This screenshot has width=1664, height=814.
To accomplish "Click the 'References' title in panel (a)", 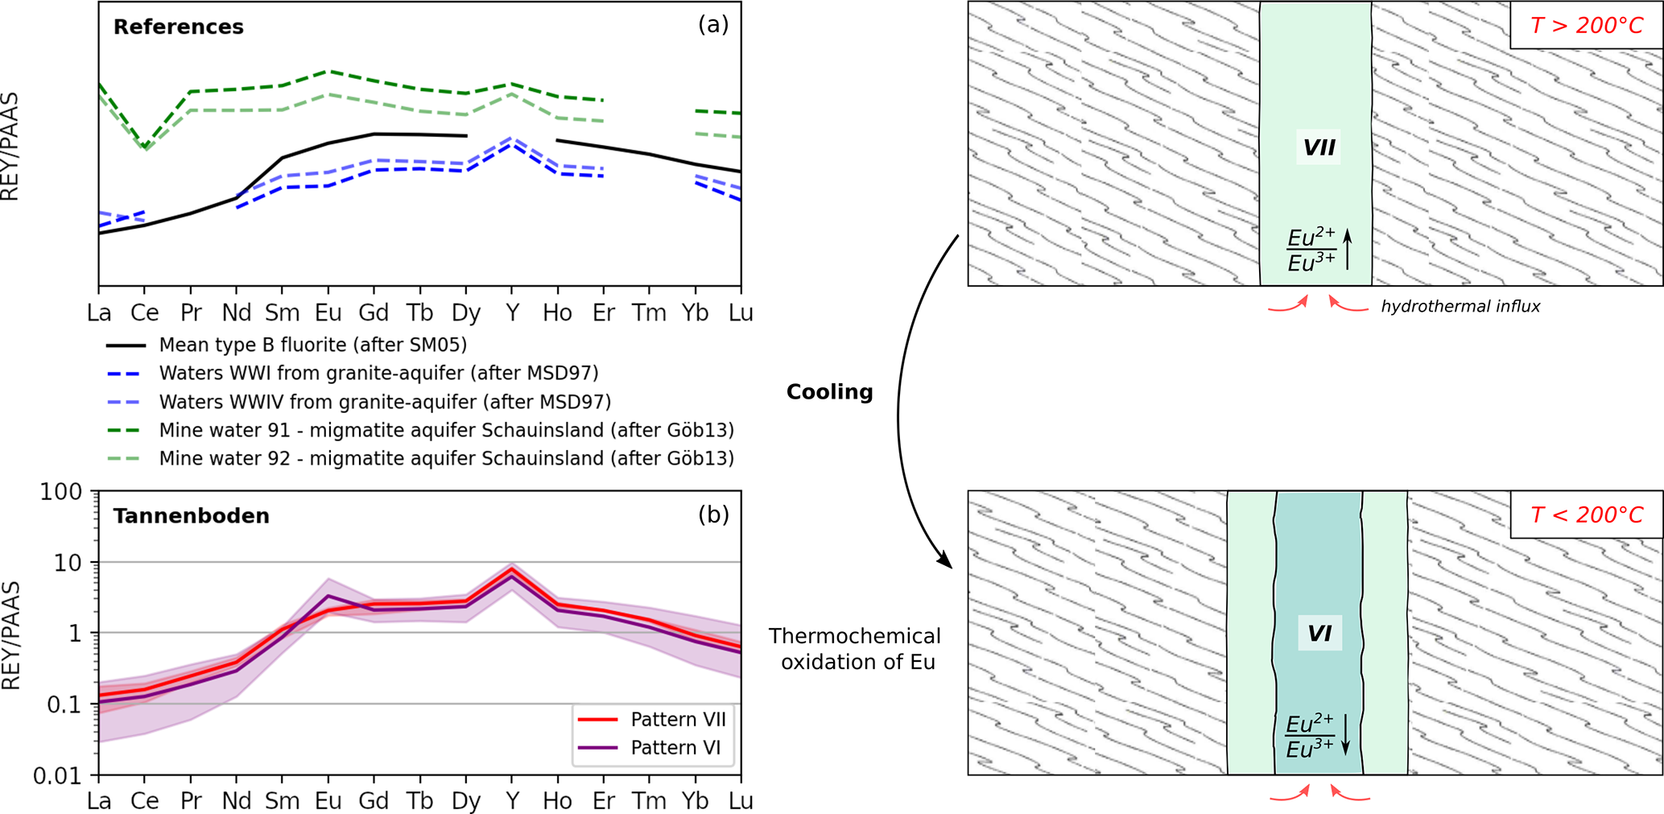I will tap(178, 27).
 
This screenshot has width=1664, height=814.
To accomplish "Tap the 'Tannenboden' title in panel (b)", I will tap(191, 515).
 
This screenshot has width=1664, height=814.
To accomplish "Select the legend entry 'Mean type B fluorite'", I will tap(312, 345).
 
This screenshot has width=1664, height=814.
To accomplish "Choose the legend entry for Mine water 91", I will tap(446, 430).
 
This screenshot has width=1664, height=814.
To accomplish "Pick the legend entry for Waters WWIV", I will tap(385, 402).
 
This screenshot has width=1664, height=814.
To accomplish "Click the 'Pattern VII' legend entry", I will tap(678, 719).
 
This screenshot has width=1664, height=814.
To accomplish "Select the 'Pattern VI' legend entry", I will tap(675, 747).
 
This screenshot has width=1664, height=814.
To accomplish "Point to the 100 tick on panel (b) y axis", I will tap(61, 491).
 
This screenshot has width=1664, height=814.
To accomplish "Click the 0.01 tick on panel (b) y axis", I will tap(57, 775).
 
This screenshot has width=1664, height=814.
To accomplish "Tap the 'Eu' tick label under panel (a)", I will tap(328, 312).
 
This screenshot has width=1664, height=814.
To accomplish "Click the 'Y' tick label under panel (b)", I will tap(512, 801).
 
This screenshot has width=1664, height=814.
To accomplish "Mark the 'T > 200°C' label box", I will tap(1586, 26).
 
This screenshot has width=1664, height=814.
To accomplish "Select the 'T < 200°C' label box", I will tap(1586, 514).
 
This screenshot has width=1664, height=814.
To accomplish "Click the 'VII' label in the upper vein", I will tap(1319, 147).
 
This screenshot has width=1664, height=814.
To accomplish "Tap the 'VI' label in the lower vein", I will tap(1319, 634).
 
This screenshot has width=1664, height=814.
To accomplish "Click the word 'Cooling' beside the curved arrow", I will tap(829, 392).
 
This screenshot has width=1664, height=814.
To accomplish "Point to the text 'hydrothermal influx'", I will tap(1460, 306).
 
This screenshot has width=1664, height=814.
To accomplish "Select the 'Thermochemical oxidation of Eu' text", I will tap(855, 649).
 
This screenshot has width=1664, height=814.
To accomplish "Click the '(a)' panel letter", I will tap(712, 24).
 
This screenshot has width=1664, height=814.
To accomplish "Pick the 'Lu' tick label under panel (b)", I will tap(741, 801).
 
